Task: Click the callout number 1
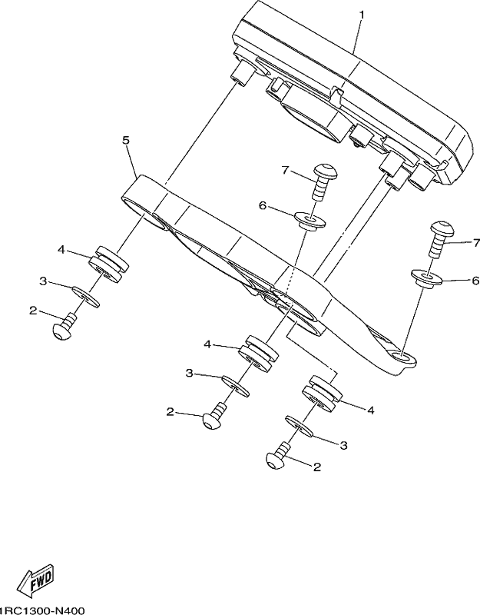tap(362, 15)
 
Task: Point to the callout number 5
tap(126, 141)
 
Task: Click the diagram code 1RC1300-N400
tap(41, 610)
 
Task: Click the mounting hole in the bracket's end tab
tap(402, 357)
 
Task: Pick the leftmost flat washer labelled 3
tap(85, 297)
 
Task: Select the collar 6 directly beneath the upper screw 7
tap(310, 221)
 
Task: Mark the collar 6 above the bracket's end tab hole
tap(426, 279)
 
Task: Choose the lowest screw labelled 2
tap(278, 454)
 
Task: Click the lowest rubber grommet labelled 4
tap(322, 394)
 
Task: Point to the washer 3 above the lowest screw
tap(300, 427)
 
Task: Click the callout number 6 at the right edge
tap(475, 281)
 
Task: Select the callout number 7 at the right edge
tap(476, 243)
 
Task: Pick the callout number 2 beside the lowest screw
tap(317, 467)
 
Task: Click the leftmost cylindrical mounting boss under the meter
tap(242, 71)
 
